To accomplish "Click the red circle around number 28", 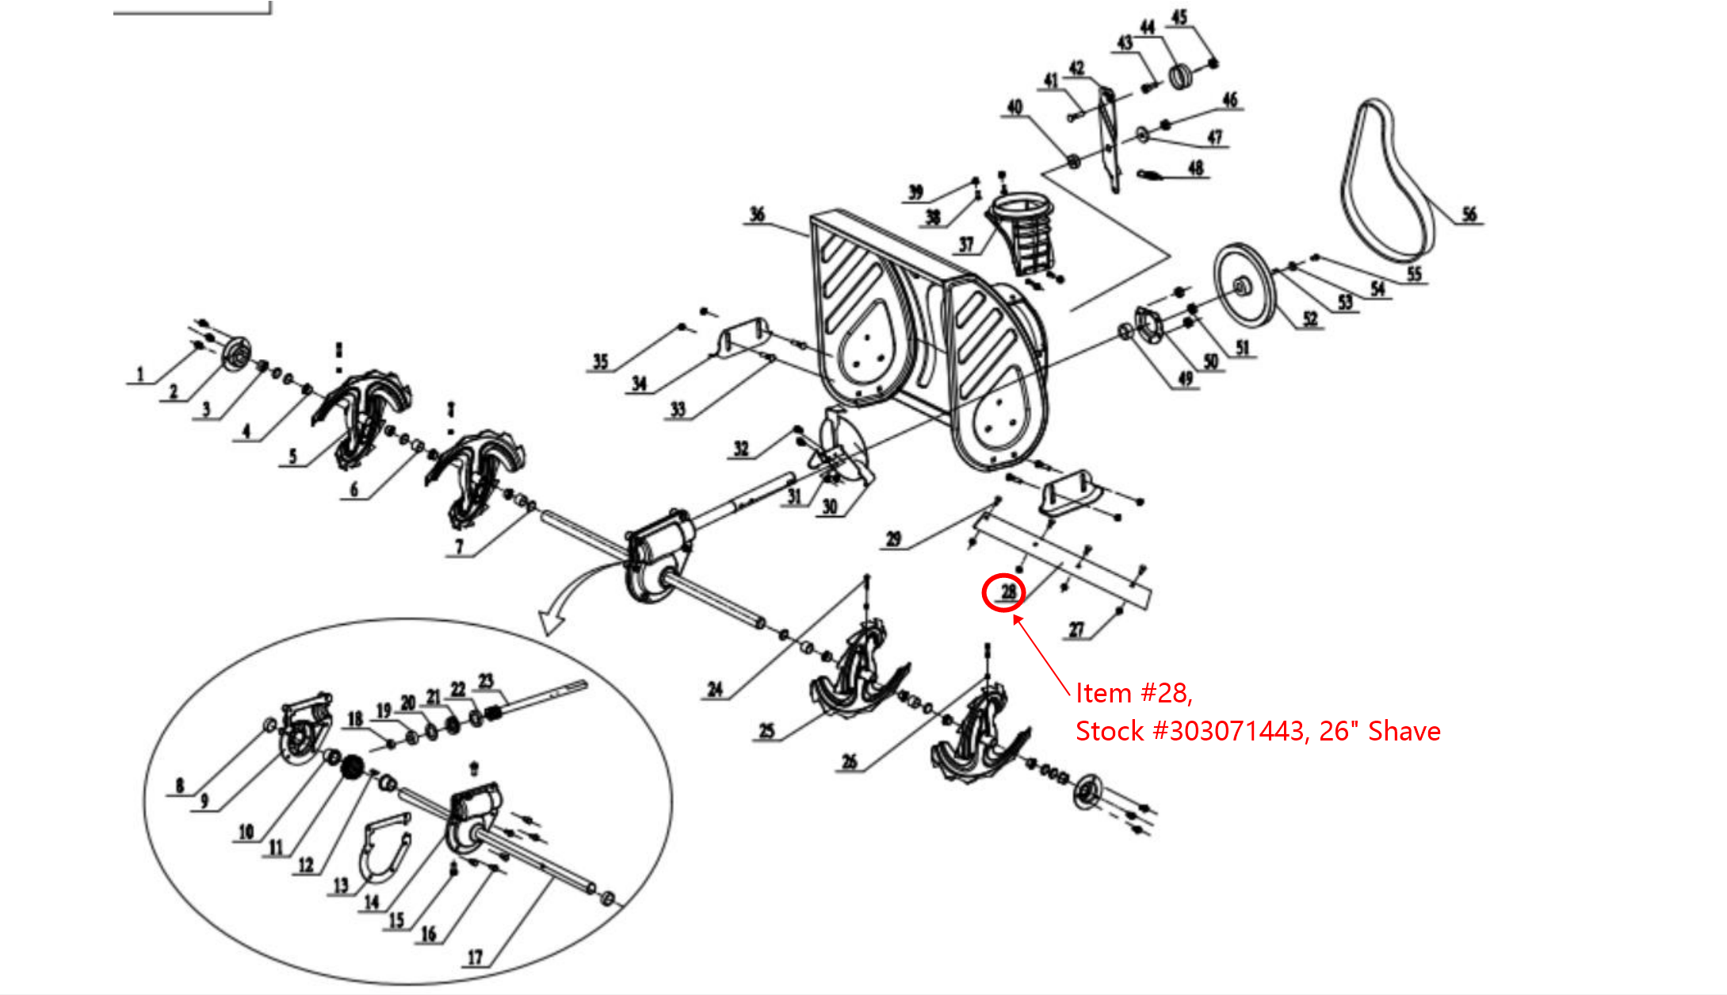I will (x=1003, y=592).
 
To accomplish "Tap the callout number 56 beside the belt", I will (x=1469, y=214).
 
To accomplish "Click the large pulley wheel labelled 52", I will (x=1244, y=285).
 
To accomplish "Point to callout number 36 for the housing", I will (x=757, y=214).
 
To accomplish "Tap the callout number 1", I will (x=140, y=373).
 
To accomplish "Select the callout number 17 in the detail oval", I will (x=474, y=957).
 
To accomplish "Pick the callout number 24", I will (x=715, y=689).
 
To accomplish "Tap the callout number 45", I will (x=1179, y=17).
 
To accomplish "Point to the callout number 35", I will (x=600, y=362).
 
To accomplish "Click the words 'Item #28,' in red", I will (x=1133, y=693).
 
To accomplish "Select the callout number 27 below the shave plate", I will (x=1076, y=630).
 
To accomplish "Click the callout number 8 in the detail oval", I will (x=179, y=785).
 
